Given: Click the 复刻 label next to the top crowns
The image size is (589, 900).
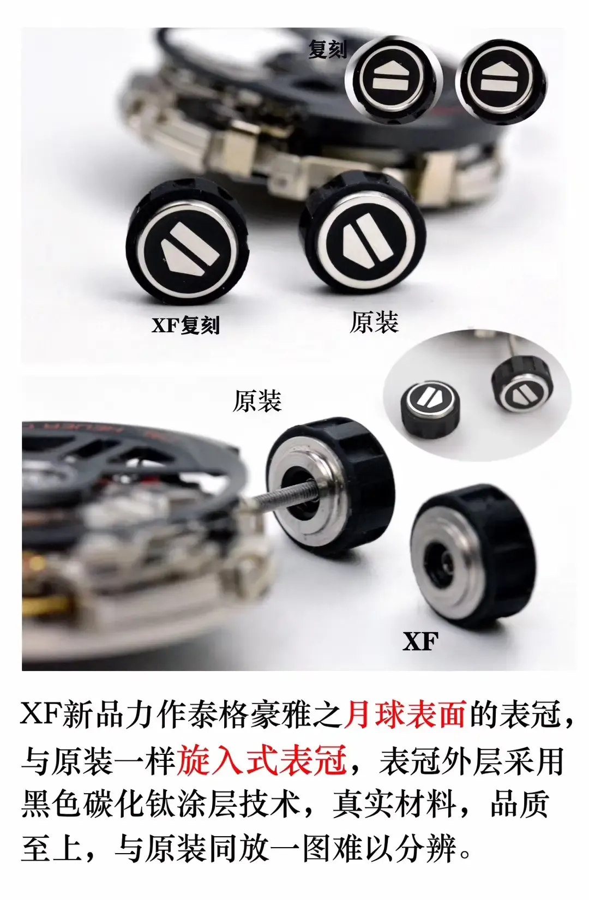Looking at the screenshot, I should (x=327, y=50).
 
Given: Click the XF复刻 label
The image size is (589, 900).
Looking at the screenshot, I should (x=185, y=325).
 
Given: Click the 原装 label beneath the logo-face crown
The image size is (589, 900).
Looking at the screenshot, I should (x=374, y=322).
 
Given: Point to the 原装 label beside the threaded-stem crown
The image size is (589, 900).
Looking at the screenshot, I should (x=257, y=401).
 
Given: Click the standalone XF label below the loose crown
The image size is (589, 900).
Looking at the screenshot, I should (x=420, y=641).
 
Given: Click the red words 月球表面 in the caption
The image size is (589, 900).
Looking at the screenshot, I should (x=404, y=715).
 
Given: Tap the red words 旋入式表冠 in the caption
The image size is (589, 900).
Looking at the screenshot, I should (x=262, y=760).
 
